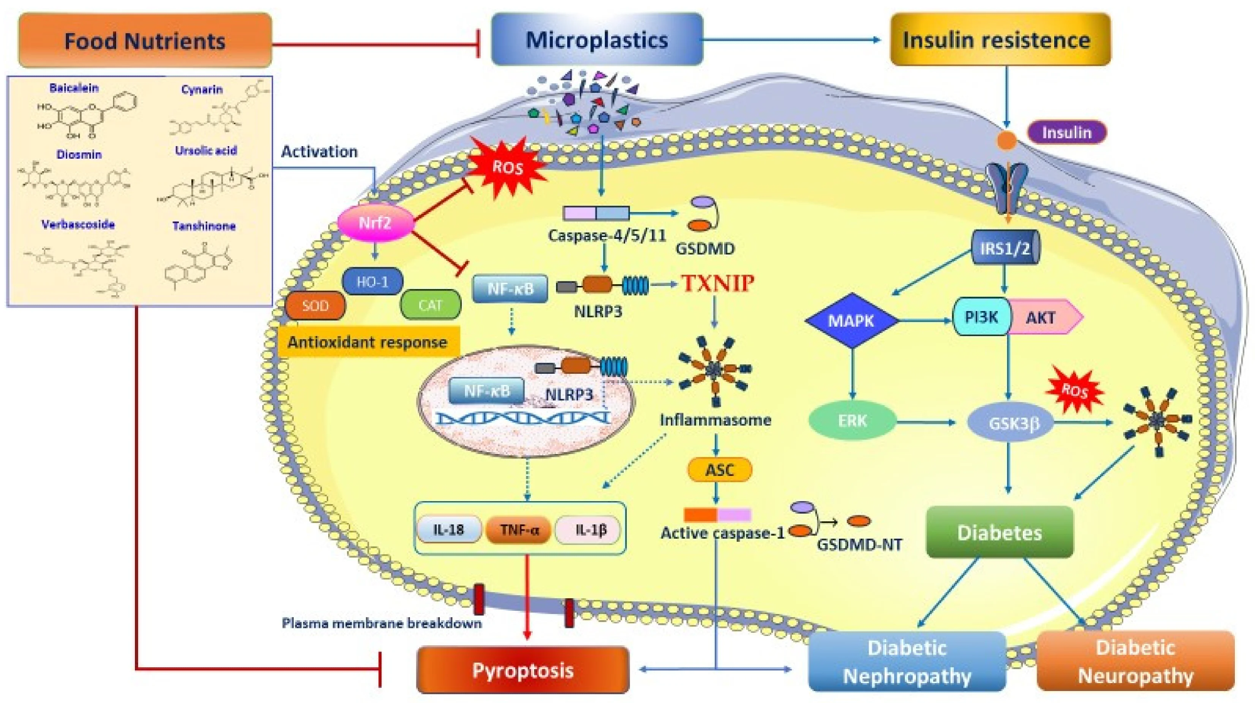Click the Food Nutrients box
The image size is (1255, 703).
[145, 41]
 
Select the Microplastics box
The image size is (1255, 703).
[597, 40]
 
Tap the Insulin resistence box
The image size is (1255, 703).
[1000, 40]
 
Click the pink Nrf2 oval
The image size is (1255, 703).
[375, 223]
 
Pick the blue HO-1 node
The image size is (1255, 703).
[373, 282]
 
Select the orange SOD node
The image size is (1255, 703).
[315, 305]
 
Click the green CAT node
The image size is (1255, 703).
[430, 305]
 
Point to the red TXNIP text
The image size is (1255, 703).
[718, 283]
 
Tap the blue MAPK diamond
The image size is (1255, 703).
[852, 320]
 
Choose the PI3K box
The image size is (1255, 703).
[981, 317]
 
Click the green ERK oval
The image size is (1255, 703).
[852, 421]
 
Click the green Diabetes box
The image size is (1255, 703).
[1000, 532]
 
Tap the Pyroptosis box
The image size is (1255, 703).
[523, 670]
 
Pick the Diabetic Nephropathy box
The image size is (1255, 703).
[907, 662]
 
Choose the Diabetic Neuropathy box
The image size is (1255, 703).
[1136, 662]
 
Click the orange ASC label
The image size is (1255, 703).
[720, 470]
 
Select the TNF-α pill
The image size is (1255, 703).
[519, 530]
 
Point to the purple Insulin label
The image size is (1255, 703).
[1066, 132]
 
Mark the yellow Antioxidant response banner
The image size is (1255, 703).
[368, 342]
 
